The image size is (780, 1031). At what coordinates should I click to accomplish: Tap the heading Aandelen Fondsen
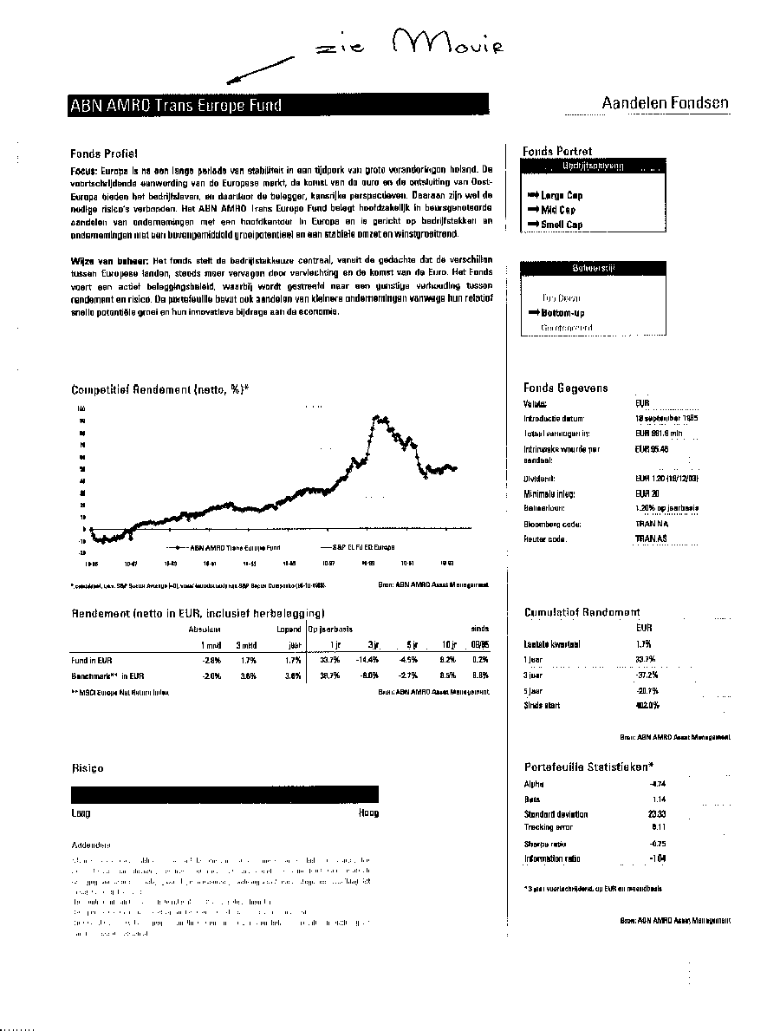(665, 103)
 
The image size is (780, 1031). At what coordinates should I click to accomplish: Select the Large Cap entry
(562, 196)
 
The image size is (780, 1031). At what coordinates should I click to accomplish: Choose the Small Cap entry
(562, 225)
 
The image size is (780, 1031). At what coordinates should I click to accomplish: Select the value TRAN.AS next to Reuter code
(650, 538)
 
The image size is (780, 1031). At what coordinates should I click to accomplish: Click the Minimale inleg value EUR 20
(647, 493)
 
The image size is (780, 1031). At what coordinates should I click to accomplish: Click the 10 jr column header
(447, 644)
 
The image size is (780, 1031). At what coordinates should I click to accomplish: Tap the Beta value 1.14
(659, 799)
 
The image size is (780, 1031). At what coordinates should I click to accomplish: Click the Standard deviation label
(556, 814)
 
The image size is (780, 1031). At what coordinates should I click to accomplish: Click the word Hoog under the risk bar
(368, 813)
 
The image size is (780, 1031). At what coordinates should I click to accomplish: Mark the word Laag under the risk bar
(81, 813)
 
